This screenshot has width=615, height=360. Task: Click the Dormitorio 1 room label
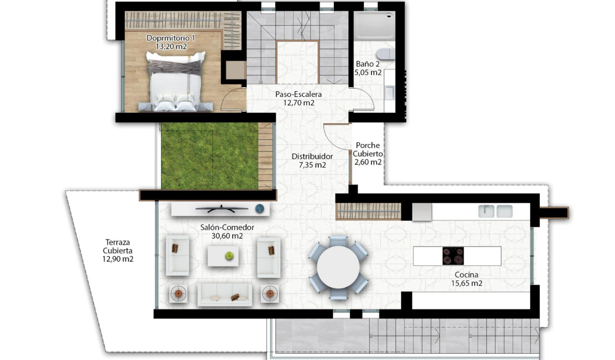pos(170,38)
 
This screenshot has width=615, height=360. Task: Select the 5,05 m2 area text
pos(368,73)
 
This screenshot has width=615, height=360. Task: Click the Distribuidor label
pos(312,156)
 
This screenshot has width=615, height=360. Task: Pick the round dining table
pos(338,267)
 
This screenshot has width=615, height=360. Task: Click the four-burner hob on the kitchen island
pos(452,256)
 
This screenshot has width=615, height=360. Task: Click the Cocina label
pos(466,275)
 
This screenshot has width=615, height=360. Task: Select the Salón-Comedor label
pos(227,227)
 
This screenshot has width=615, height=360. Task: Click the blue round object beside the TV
pos(259,208)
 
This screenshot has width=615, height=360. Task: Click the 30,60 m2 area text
pos(227,235)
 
